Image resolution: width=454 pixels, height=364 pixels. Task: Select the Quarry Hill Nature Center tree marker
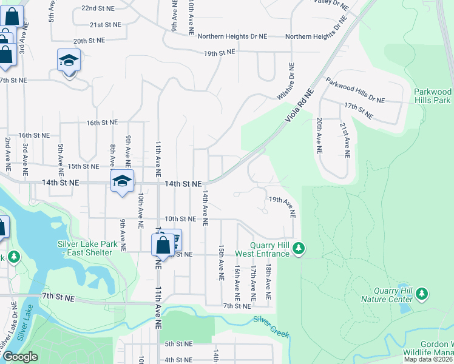[422, 294]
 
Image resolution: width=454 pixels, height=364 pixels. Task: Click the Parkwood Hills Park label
[432, 95]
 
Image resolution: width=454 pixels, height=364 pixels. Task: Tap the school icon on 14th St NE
[122, 181]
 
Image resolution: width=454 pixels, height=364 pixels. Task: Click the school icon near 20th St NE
[69, 61]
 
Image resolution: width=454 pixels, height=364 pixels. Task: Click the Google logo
[19, 357]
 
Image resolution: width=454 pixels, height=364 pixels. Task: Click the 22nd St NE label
[97, 8]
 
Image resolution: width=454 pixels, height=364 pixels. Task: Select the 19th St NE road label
[219, 53]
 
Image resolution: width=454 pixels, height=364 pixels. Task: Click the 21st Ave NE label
[344, 140]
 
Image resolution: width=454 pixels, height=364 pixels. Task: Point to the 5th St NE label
[178, 344]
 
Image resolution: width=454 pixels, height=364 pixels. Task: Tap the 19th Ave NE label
[282, 207]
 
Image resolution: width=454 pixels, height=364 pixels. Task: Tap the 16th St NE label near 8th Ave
[101, 123]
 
